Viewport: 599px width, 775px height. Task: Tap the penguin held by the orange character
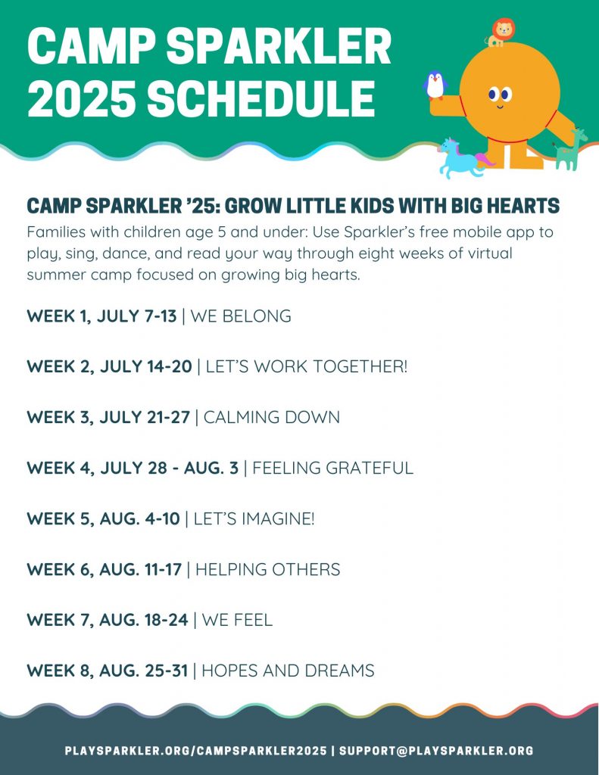(435, 85)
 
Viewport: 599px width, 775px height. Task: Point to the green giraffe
(569, 149)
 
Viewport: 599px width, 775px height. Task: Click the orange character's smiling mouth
(500, 105)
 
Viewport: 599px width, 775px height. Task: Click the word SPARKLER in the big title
(279, 46)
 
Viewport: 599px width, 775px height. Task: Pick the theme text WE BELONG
(241, 316)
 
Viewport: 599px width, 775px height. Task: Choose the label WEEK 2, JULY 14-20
(109, 367)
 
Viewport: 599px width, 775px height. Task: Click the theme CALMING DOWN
(272, 417)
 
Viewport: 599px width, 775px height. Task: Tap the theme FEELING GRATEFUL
(332, 468)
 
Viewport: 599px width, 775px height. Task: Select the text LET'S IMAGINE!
(254, 518)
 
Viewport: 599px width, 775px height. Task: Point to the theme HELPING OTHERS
(267, 569)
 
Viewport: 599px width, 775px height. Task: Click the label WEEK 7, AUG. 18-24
(108, 620)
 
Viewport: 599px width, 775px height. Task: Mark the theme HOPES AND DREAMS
(288, 671)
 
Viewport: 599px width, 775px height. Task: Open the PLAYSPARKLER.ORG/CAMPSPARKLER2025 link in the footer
(196, 751)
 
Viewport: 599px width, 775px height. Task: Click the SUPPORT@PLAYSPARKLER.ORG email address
(436, 751)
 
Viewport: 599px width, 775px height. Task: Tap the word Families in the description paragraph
(55, 232)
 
